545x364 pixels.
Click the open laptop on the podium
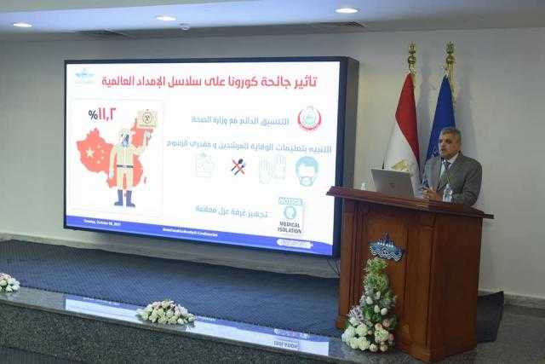393,182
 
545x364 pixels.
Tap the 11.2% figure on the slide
101,113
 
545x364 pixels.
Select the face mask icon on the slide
307,170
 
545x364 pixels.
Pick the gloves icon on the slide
272,168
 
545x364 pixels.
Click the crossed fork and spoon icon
239,167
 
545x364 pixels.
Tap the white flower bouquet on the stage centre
165,312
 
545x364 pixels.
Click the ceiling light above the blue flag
347,10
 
